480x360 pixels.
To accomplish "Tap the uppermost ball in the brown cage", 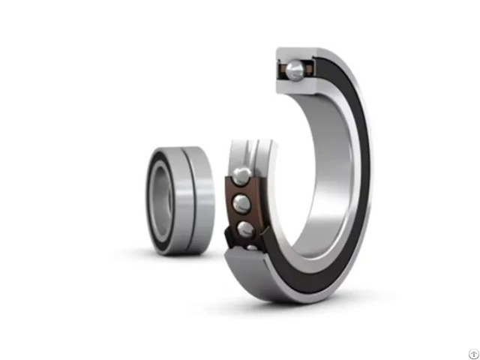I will click(242, 175).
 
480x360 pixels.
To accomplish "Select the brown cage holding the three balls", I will click(232, 206).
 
